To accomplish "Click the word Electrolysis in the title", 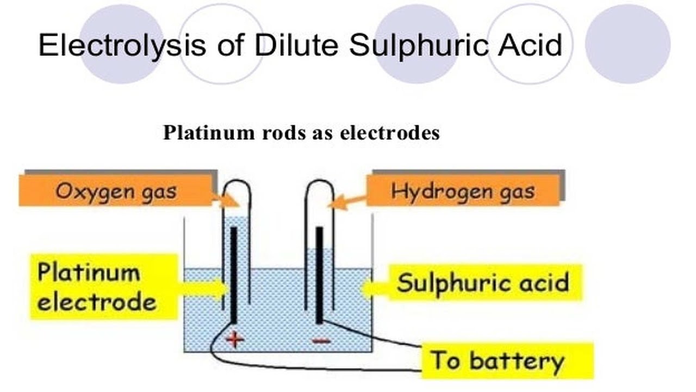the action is (122, 45).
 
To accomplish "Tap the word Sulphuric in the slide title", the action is (418, 45).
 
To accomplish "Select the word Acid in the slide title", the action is (530, 45).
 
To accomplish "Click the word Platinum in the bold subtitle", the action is (209, 133).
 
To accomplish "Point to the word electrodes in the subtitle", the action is (390, 133).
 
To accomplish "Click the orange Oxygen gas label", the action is (116, 191).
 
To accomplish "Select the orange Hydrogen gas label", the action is (463, 191).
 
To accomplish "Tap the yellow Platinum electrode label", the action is (104, 286).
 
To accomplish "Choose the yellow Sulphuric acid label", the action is (486, 283).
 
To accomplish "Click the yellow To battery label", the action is (507, 360).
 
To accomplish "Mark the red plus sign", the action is (235, 339).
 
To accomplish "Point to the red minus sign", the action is (321, 341).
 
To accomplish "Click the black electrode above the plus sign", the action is (234, 275).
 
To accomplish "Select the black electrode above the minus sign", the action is (319, 275).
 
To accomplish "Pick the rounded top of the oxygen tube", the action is (237, 180).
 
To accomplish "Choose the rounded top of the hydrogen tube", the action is (319, 180).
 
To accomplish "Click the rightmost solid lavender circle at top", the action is (627, 44).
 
